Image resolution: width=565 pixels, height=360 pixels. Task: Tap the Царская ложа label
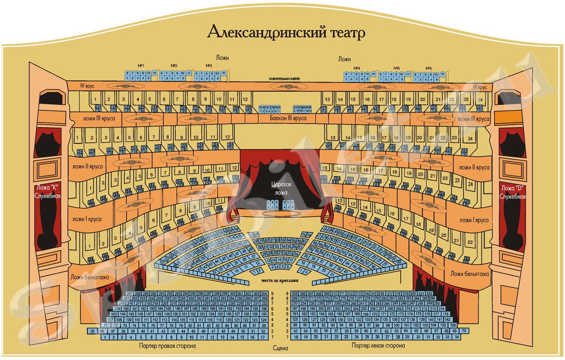[281, 188]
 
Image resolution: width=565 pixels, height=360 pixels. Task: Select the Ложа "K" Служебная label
[48, 192]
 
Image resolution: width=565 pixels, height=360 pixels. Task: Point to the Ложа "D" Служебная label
[512, 192]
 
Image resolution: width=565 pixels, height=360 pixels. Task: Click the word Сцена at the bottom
[281, 348]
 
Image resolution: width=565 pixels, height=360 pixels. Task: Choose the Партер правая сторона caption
[167, 346]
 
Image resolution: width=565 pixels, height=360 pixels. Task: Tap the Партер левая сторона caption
[378, 345]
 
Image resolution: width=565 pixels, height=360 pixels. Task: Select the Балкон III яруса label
[288, 118]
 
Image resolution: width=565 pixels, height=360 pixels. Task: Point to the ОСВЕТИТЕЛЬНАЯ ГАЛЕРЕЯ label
[284, 79]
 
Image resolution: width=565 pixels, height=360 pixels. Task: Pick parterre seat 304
[264, 293]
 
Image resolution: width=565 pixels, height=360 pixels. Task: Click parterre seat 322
[429, 293]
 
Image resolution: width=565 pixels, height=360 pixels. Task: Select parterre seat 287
[129, 293]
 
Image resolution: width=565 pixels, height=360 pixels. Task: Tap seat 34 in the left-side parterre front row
[457, 337]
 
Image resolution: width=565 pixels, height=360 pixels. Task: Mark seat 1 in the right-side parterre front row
[105, 337]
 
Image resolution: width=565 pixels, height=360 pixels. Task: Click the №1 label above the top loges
[141, 66]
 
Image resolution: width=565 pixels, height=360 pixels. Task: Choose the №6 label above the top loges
[429, 68]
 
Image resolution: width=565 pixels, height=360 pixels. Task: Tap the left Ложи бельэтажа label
[90, 277]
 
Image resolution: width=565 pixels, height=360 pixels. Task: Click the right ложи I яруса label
[474, 220]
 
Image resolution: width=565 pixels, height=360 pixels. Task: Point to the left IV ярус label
[87, 86]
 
